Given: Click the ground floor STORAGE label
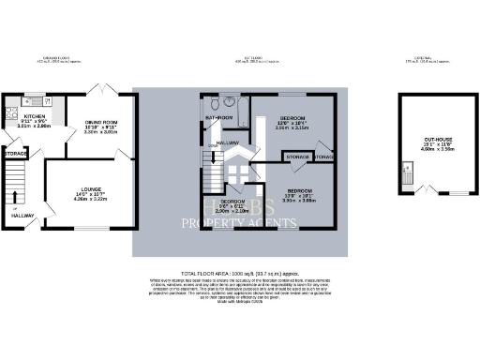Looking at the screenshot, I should coord(15,152).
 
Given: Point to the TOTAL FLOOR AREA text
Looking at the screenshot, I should coord(239,271).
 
